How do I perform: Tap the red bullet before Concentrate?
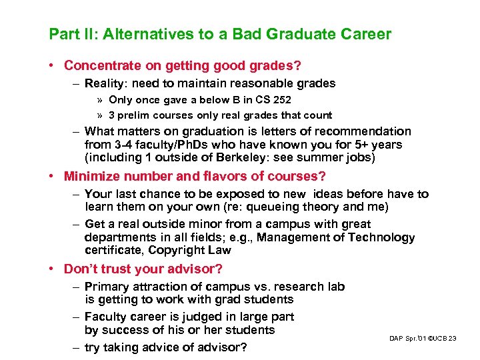point(52,65)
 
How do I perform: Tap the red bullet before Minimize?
point(52,177)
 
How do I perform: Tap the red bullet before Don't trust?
point(52,269)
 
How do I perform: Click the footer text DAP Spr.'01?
point(409,339)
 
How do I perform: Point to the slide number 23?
point(453,339)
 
